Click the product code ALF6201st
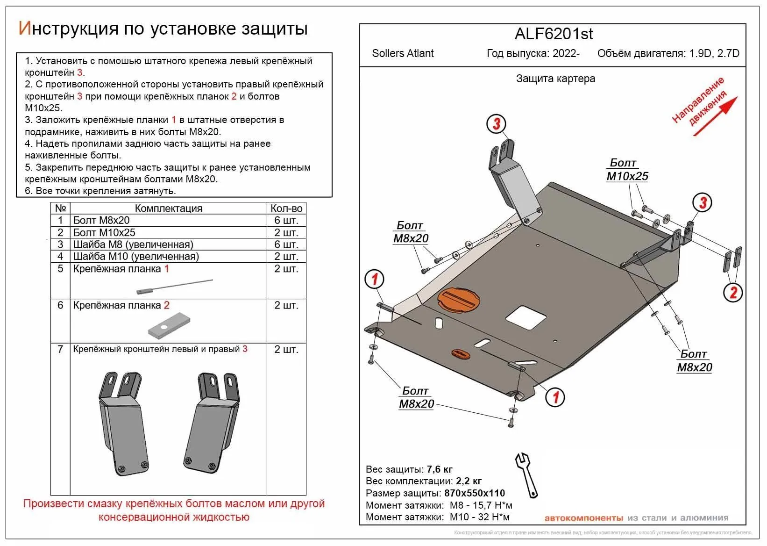coord(554,34)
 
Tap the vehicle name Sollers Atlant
coord(403,53)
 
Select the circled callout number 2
coord(732,293)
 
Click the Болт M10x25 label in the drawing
coord(627,170)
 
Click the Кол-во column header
coord(286,208)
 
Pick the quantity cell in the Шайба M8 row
coord(286,244)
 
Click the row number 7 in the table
coord(60,349)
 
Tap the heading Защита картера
coord(555,79)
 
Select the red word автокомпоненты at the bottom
coord(583,518)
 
